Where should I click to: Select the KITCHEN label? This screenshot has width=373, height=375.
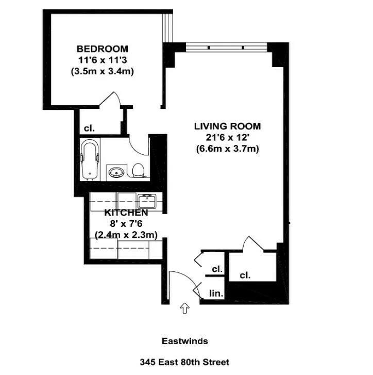pyautogui.click(x=126, y=213)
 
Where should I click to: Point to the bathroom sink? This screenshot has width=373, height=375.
pyautogui.click(x=115, y=171)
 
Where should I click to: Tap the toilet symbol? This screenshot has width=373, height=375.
pyautogui.click(x=138, y=170)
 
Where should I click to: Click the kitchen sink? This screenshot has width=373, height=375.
pyautogui.click(x=146, y=200)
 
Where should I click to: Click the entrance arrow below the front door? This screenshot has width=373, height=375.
pyautogui.click(x=184, y=308)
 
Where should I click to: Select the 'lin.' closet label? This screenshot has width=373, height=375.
pyautogui.click(x=216, y=294)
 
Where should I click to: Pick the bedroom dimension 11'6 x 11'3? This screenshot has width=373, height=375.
pyautogui.click(x=103, y=60)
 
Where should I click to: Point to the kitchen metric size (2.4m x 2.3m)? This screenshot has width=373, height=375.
pyautogui.click(x=126, y=235)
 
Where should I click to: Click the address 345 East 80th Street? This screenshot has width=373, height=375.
pyautogui.click(x=184, y=362)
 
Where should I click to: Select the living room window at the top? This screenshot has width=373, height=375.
pyautogui.click(x=227, y=47)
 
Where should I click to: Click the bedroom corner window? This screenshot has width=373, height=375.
pyautogui.click(x=167, y=28)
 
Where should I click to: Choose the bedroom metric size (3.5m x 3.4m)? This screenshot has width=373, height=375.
pyautogui.click(x=103, y=72)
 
